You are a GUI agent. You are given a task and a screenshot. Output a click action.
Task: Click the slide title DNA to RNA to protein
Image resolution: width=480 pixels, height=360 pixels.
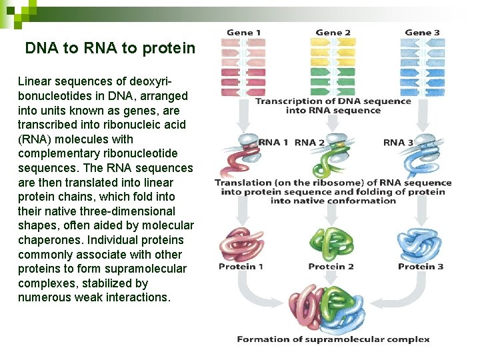(110, 49)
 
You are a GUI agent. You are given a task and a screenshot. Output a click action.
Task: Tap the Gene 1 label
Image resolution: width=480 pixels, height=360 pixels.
(244, 32)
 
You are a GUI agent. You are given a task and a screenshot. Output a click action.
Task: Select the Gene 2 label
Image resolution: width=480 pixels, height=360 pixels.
(333, 32)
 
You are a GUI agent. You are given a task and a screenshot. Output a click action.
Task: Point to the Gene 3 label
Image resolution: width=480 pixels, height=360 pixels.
(422, 32)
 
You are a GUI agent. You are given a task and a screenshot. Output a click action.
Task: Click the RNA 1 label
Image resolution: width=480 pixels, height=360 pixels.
(273, 142)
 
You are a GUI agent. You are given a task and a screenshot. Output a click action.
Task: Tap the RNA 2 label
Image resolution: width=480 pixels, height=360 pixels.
(309, 142)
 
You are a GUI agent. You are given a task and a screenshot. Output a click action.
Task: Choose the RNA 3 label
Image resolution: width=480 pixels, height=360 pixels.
(398, 142)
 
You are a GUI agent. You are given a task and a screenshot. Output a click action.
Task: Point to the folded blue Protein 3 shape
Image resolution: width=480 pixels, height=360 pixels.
(420, 245)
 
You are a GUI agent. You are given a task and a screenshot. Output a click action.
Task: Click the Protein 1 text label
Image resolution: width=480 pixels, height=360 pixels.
(241, 267)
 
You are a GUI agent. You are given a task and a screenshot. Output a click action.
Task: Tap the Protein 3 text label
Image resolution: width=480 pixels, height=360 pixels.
(421, 267)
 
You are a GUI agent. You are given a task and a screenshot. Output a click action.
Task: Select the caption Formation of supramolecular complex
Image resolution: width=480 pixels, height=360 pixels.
(333, 339)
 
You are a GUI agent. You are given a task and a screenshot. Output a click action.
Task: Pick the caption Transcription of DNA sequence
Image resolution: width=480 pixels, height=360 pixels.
(333, 101)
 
